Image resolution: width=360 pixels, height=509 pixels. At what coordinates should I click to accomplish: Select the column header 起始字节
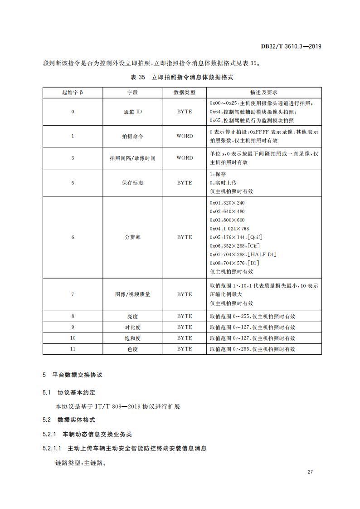click(x=73, y=92)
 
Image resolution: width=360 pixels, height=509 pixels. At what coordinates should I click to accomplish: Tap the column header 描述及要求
click(x=264, y=92)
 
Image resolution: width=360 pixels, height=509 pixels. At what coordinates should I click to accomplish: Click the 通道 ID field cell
click(x=132, y=112)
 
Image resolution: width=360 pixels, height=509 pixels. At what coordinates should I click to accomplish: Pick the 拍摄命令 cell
click(x=132, y=136)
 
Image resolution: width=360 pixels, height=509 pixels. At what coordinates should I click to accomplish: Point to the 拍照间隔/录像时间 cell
click(x=132, y=158)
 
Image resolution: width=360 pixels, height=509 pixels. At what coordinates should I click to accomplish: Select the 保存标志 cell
click(x=132, y=183)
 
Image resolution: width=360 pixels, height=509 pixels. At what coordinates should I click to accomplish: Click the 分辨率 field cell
click(x=132, y=237)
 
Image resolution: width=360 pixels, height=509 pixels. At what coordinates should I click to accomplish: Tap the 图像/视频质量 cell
click(x=132, y=294)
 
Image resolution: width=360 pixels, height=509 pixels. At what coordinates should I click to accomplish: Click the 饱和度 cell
click(x=132, y=338)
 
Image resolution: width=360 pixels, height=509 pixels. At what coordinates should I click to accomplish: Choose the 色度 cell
click(x=132, y=349)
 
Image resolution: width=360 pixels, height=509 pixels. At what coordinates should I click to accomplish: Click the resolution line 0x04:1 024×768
click(x=229, y=229)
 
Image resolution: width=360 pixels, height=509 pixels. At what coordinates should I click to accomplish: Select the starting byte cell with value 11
click(x=73, y=349)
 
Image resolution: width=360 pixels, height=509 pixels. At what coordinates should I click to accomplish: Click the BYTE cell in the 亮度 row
click(x=185, y=316)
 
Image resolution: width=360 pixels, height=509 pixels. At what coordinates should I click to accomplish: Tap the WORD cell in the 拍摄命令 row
click(x=185, y=136)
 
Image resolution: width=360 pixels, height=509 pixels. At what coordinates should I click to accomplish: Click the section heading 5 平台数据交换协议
click(x=73, y=375)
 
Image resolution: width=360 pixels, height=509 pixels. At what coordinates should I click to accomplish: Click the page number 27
click(x=310, y=472)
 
